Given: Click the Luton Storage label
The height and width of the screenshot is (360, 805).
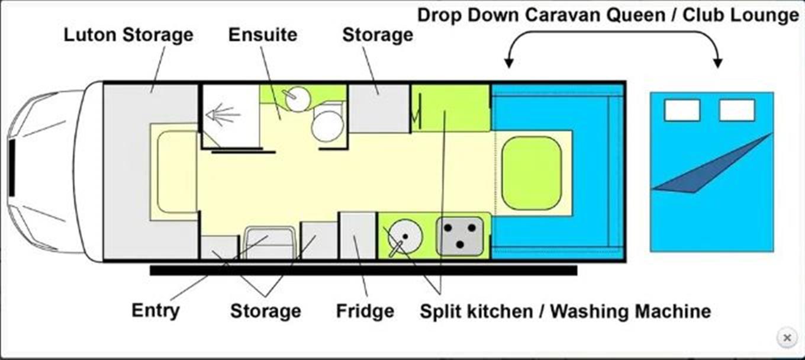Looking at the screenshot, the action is pyautogui.click(x=128, y=36).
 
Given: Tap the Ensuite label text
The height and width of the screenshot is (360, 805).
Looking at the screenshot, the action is pyautogui.click(x=263, y=35).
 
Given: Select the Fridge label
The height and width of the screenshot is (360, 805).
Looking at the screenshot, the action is pyautogui.click(x=365, y=311).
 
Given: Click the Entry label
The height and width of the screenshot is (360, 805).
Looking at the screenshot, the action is pyautogui.click(x=155, y=310).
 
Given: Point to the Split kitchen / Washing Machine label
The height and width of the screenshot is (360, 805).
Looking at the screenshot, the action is pyautogui.click(x=565, y=311).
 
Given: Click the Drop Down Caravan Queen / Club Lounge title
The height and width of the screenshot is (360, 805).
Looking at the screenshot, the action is pyautogui.click(x=608, y=15).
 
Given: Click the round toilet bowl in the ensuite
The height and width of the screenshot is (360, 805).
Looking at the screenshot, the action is pyautogui.click(x=327, y=126).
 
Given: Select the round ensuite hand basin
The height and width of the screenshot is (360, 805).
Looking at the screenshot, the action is pyautogui.click(x=298, y=99).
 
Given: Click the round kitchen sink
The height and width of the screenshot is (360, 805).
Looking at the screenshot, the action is pyautogui.click(x=405, y=237).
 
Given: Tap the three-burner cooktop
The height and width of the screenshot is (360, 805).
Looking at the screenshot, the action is pyautogui.click(x=460, y=236).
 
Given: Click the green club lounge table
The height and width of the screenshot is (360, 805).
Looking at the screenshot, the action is pyautogui.click(x=532, y=173).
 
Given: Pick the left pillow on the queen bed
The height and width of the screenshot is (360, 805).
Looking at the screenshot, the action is pyautogui.click(x=682, y=110).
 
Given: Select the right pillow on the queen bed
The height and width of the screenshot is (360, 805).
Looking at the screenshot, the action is pyautogui.click(x=737, y=110).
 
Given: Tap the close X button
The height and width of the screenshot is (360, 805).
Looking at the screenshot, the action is pyautogui.click(x=787, y=337).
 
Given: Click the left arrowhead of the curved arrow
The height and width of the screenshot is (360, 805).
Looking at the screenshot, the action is pyautogui.click(x=508, y=63).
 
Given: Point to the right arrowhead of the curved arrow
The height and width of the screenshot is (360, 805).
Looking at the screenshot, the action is pyautogui.click(x=717, y=63).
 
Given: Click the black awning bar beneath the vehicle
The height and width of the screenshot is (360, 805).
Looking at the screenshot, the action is pyautogui.click(x=363, y=271).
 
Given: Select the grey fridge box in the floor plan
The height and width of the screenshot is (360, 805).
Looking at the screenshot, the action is pyautogui.click(x=358, y=236).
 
